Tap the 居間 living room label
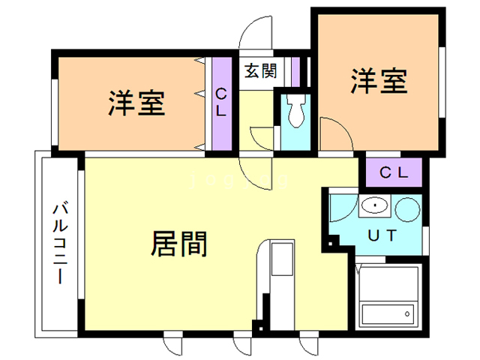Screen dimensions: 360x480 pyautogui.click(x=180, y=244)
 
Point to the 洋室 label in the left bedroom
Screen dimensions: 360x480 pyautogui.click(x=136, y=103)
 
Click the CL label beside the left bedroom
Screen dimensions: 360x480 pyautogui.click(x=222, y=102)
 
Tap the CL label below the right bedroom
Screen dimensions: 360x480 pyautogui.click(x=393, y=172)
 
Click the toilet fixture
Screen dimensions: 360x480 pyautogui.click(x=295, y=112)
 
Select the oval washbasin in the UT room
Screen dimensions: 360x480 pyautogui.click(x=372, y=205)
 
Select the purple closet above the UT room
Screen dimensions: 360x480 pyautogui.click(x=394, y=172)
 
